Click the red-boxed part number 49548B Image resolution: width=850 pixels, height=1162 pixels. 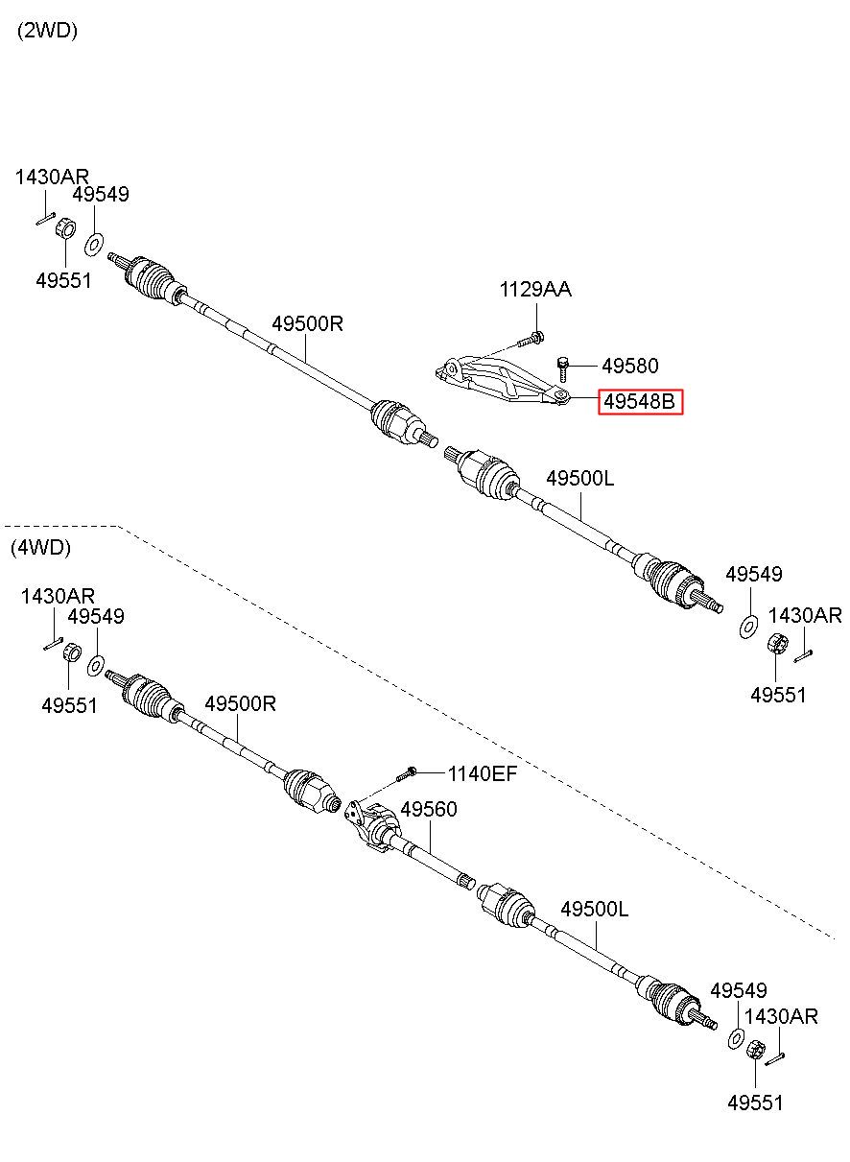click(x=640, y=401)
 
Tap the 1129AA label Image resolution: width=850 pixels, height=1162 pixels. click(x=535, y=290)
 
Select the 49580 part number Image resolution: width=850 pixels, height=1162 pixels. click(x=630, y=367)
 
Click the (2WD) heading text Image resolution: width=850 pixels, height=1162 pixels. click(x=47, y=31)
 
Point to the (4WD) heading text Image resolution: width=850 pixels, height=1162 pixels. click(x=40, y=548)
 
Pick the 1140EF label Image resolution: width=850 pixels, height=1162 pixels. click(x=483, y=774)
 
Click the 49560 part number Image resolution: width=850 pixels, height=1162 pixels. click(x=429, y=809)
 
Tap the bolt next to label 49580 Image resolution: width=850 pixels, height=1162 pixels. click(x=563, y=369)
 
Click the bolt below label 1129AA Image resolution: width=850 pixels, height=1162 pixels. click(x=531, y=340)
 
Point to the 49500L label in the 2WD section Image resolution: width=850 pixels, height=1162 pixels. click(x=579, y=478)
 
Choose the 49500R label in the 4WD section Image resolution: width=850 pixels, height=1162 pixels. click(x=240, y=704)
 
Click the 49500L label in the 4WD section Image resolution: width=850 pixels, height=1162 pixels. click(x=594, y=909)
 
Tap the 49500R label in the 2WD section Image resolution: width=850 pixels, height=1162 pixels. click(x=308, y=323)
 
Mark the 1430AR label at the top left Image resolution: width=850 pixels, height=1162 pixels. click(x=52, y=177)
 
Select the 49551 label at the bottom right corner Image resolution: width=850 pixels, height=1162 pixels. click(x=755, y=1103)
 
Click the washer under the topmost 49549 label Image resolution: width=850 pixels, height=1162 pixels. click(x=93, y=245)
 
